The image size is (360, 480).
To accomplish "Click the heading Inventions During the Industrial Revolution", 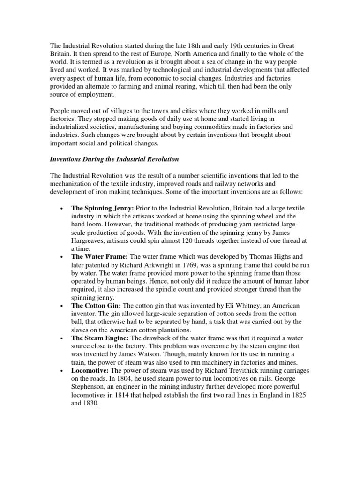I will click(x=114, y=159).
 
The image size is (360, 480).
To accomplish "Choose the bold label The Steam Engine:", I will click(x=100, y=338).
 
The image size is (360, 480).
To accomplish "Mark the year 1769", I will click(x=212, y=265).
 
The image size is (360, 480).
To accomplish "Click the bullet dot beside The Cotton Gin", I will click(x=62, y=306).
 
